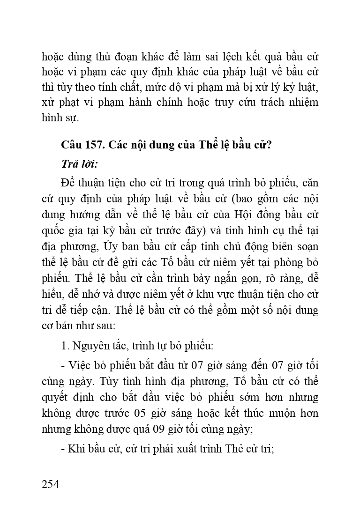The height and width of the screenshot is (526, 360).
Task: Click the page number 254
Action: pos(50,484)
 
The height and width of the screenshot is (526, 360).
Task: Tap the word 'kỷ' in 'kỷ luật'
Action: pos(285,86)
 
